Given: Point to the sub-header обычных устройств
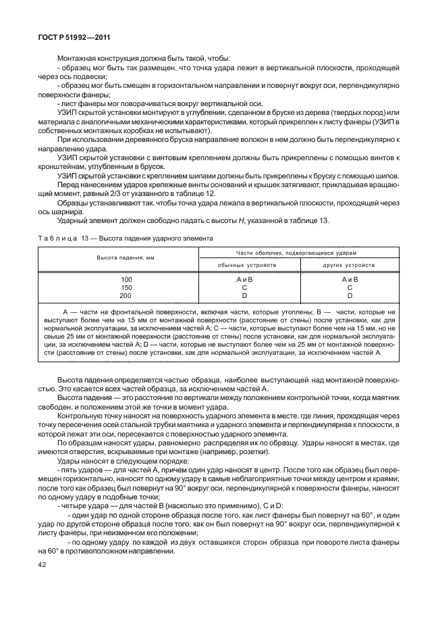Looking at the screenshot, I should pyautogui.click(x=247, y=266).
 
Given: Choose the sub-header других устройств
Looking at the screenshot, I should pyautogui.click(x=350, y=266).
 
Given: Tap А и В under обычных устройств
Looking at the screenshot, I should pyautogui.click(x=247, y=279).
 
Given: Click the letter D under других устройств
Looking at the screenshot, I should pyautogui.click(x=350, y=295).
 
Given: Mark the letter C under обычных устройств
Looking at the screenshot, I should pyautogui.click(x=247, y=287).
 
